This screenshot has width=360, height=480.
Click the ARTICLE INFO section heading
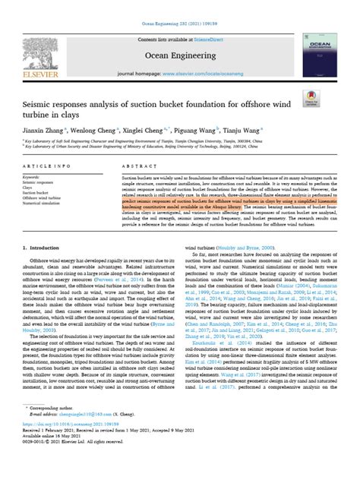47,165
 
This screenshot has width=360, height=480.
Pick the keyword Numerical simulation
45,204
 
